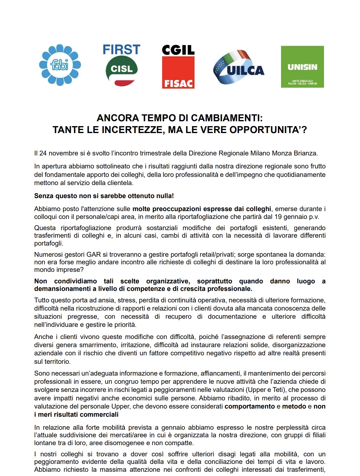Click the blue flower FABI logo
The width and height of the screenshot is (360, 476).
pyautogui.click(x=60, y=65)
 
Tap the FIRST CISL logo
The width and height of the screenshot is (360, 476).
pyautogui.click(x=122, y=65)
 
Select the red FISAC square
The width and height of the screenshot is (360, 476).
pyautogui.click(x=178, y=72)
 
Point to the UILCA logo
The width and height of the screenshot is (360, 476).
pyautogui.click(x=239, y=67)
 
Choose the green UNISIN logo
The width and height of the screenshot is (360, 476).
pyautogui.click(x=302, y=67)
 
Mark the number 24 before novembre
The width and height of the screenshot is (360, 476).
pyautogui.click(x=43, y=153)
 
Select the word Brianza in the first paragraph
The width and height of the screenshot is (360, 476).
pyautogui.click(x=306, y=153)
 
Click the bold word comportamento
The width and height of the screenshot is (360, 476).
pyautogui.click(x=250, y=406)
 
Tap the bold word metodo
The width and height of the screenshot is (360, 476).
pyautogui.click(x=294, y=406)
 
